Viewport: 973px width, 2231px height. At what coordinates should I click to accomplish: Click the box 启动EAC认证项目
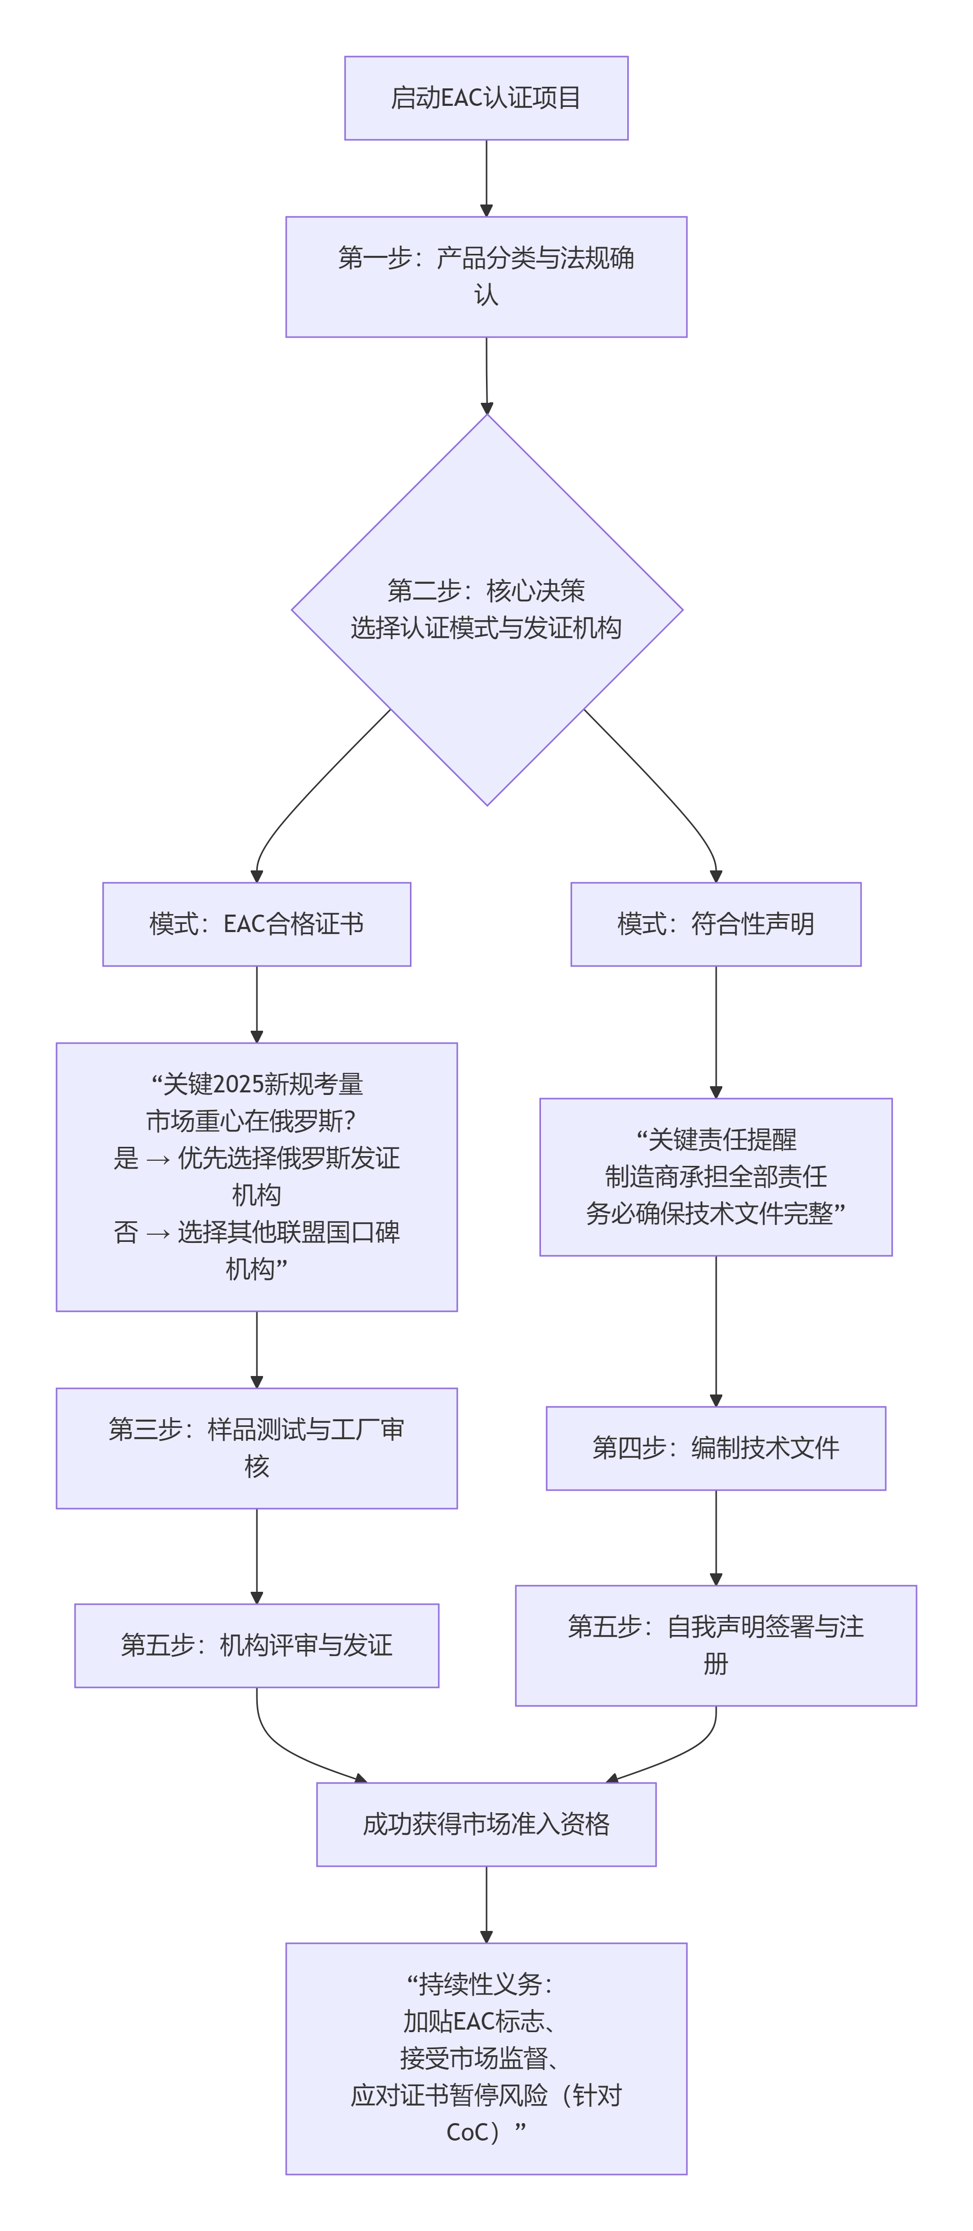[x=485, y=98]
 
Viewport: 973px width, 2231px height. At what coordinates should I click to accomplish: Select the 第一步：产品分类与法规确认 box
[x=485, y=276]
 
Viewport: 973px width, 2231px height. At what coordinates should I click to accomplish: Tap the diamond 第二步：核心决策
[x=486, y=610]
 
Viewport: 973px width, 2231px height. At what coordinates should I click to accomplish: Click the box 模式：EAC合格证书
[x=256, y=924]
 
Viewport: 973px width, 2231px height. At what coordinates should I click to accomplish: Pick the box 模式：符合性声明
[x=715, y=924]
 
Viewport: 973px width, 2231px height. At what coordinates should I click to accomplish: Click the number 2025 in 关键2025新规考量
[x=237, y=1084]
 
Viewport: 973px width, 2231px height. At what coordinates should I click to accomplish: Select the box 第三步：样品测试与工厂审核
[x=256, y=1448]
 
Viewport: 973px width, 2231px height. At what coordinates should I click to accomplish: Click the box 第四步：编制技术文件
[x=715, y=1448]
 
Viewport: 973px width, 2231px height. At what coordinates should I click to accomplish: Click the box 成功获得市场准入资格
[x=485, y=1825]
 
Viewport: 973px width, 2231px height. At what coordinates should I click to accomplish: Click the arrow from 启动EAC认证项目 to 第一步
[x=485, y=178]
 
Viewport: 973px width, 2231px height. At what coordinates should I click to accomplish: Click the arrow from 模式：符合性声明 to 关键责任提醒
[x=715, y=1031]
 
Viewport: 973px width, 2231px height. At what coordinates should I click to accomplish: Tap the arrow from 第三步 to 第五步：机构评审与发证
[x=256, y=1555]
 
